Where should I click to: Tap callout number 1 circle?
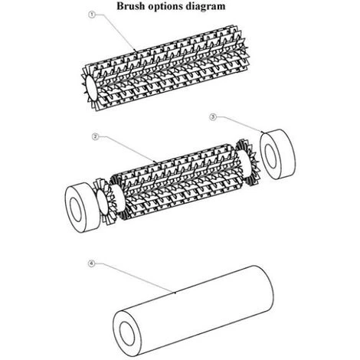point(91,15)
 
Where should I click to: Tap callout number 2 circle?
point(95,137)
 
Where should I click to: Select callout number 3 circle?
point(213,117)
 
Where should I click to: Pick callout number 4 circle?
point(91,263)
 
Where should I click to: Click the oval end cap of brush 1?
point(90,88)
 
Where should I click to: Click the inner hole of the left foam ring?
point(76,207)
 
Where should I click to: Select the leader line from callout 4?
point(135,278)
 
